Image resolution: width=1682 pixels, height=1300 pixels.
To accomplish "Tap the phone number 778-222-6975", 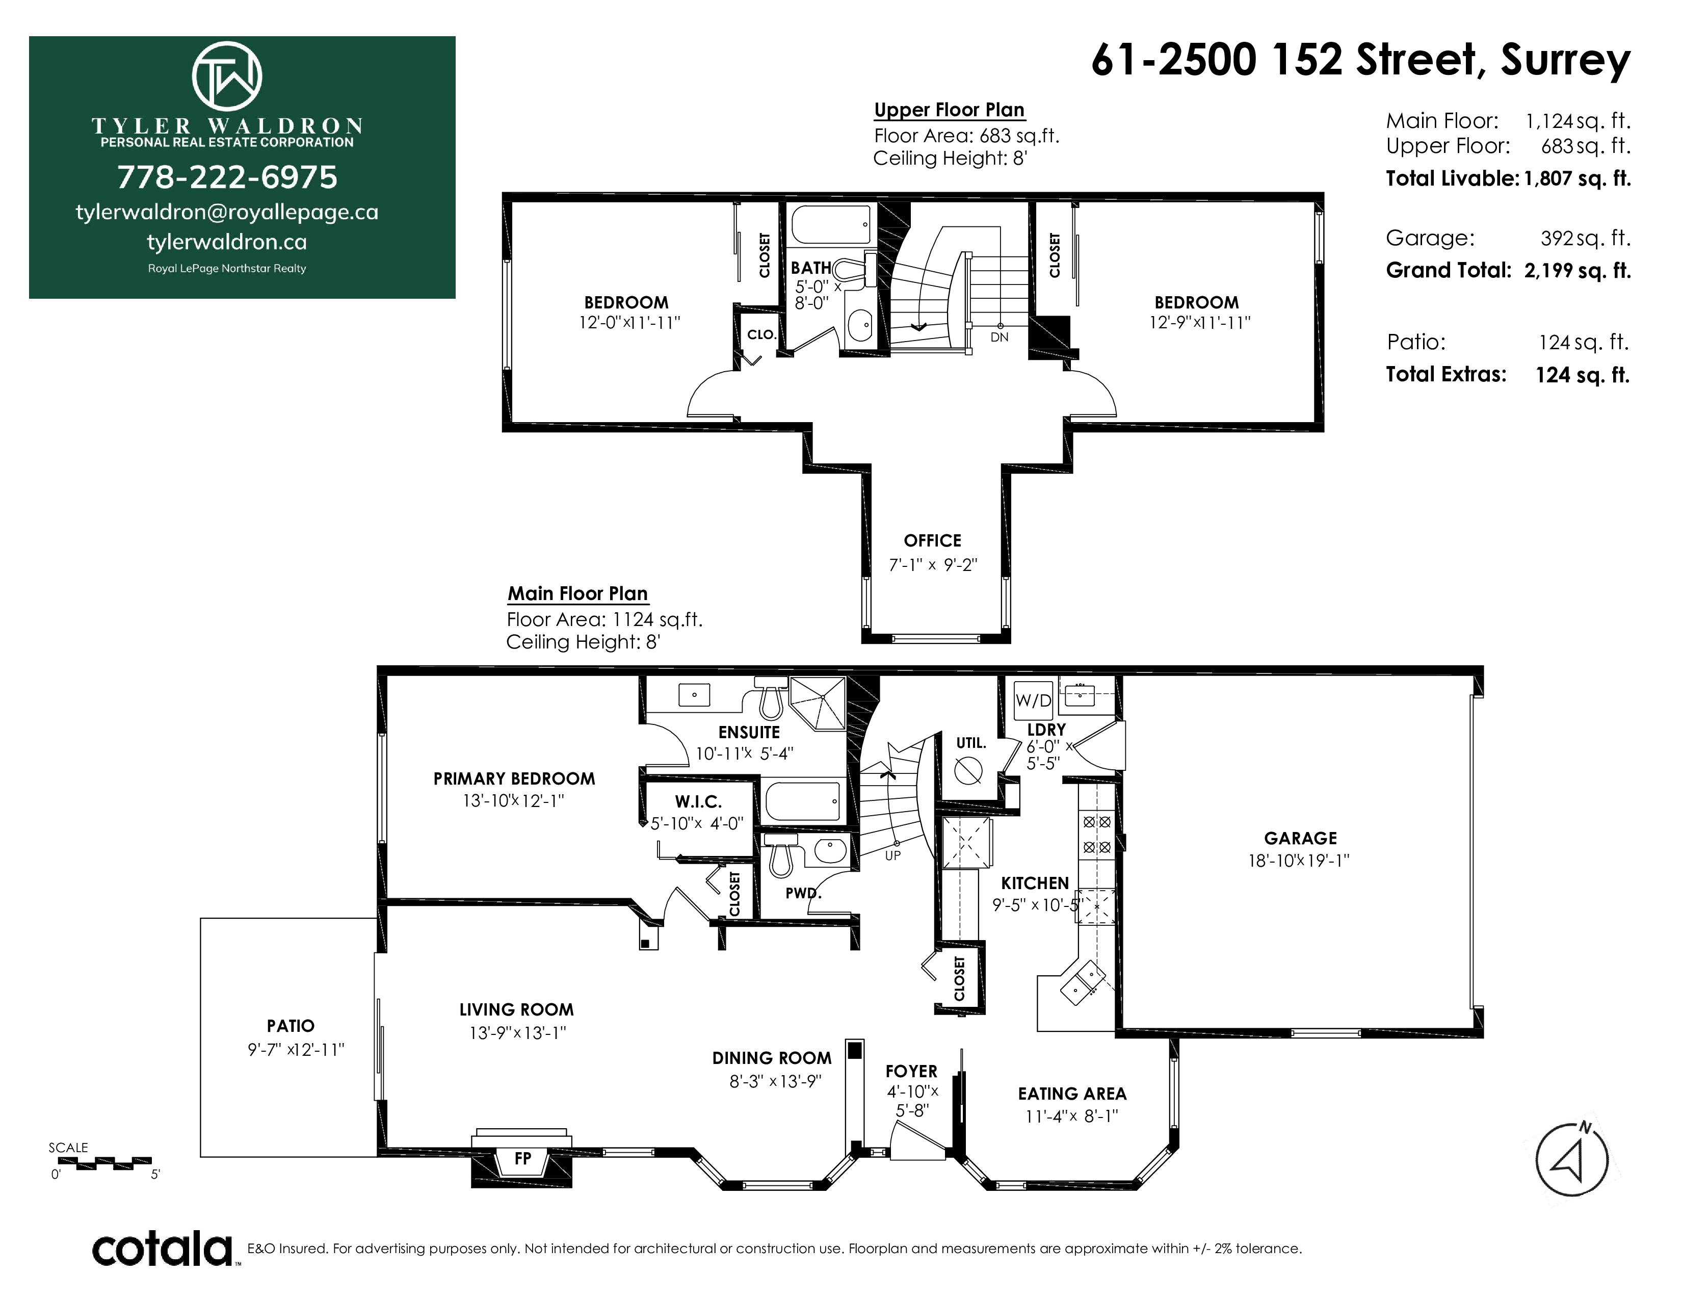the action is coord(227,177).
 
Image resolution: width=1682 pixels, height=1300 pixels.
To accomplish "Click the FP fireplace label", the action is coord(523,1158).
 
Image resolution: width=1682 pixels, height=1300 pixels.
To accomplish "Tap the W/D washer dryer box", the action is coord(1033,700).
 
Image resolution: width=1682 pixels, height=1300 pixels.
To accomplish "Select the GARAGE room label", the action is coord(1300,838).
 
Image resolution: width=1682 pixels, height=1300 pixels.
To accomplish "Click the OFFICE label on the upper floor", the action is coord(933,540).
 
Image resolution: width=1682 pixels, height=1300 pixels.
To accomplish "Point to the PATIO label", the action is coord(291,1026).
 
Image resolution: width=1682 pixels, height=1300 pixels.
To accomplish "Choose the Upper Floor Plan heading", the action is coord(949,110).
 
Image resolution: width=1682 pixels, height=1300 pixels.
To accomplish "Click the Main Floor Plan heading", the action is coord(577,594).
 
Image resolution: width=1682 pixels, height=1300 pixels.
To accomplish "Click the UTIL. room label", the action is coord(971,743).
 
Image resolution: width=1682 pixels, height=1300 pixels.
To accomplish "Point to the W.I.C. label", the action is coord(698,802).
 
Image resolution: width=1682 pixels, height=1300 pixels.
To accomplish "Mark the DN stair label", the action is coord(999,337).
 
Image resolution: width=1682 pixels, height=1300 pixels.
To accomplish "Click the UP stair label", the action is coord(892,855).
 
